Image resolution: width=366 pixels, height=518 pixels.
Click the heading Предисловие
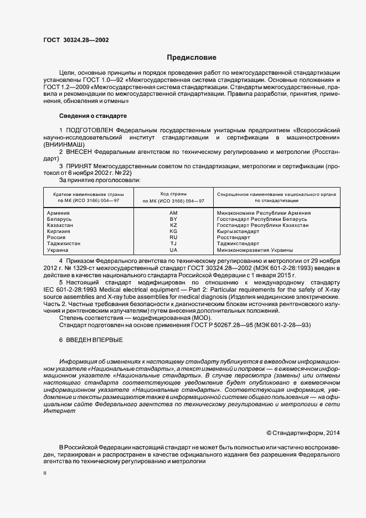pyautogui.click(x=192, y=57)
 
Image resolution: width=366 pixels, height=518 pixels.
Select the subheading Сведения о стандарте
pyautogui.click(x=92, y=116)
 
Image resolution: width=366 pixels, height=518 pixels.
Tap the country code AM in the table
pyautogui.click(x=173, y=213)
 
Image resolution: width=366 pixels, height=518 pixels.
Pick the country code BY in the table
pyautogui.click(x=173, y=219)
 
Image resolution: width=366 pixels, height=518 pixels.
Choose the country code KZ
pyautogui.click(x=173, y=225)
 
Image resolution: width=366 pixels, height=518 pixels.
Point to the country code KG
pyautogui.click(x=173, y=231)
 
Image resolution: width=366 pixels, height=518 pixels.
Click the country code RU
pyautogui.click(x=173, y=237)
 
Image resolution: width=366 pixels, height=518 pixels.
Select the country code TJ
pyautogui.click(x=173, y=244)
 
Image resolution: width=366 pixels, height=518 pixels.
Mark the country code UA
pyautogui.click(x=173, y=250)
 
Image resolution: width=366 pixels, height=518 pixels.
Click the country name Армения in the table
pyautogui.click(x=59, y=213)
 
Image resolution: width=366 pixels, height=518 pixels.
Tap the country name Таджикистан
pyautogui.click(x=64, y=244)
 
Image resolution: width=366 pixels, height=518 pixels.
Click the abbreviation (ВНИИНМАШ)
pyautogui.click(x=63, y=144)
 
